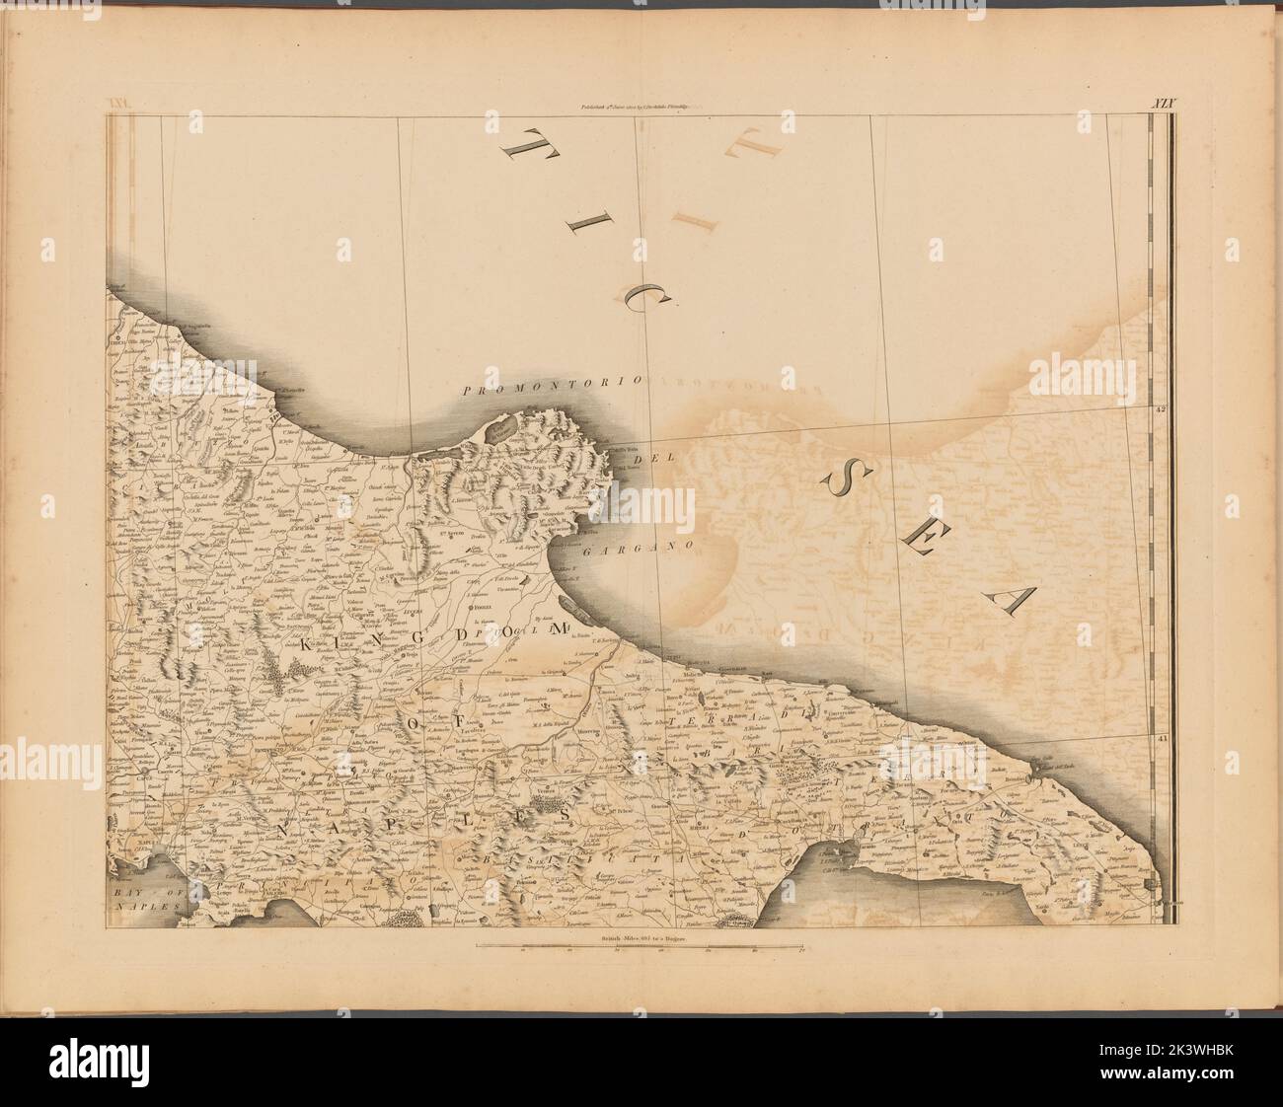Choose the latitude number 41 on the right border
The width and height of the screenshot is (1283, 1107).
(1162, 736)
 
